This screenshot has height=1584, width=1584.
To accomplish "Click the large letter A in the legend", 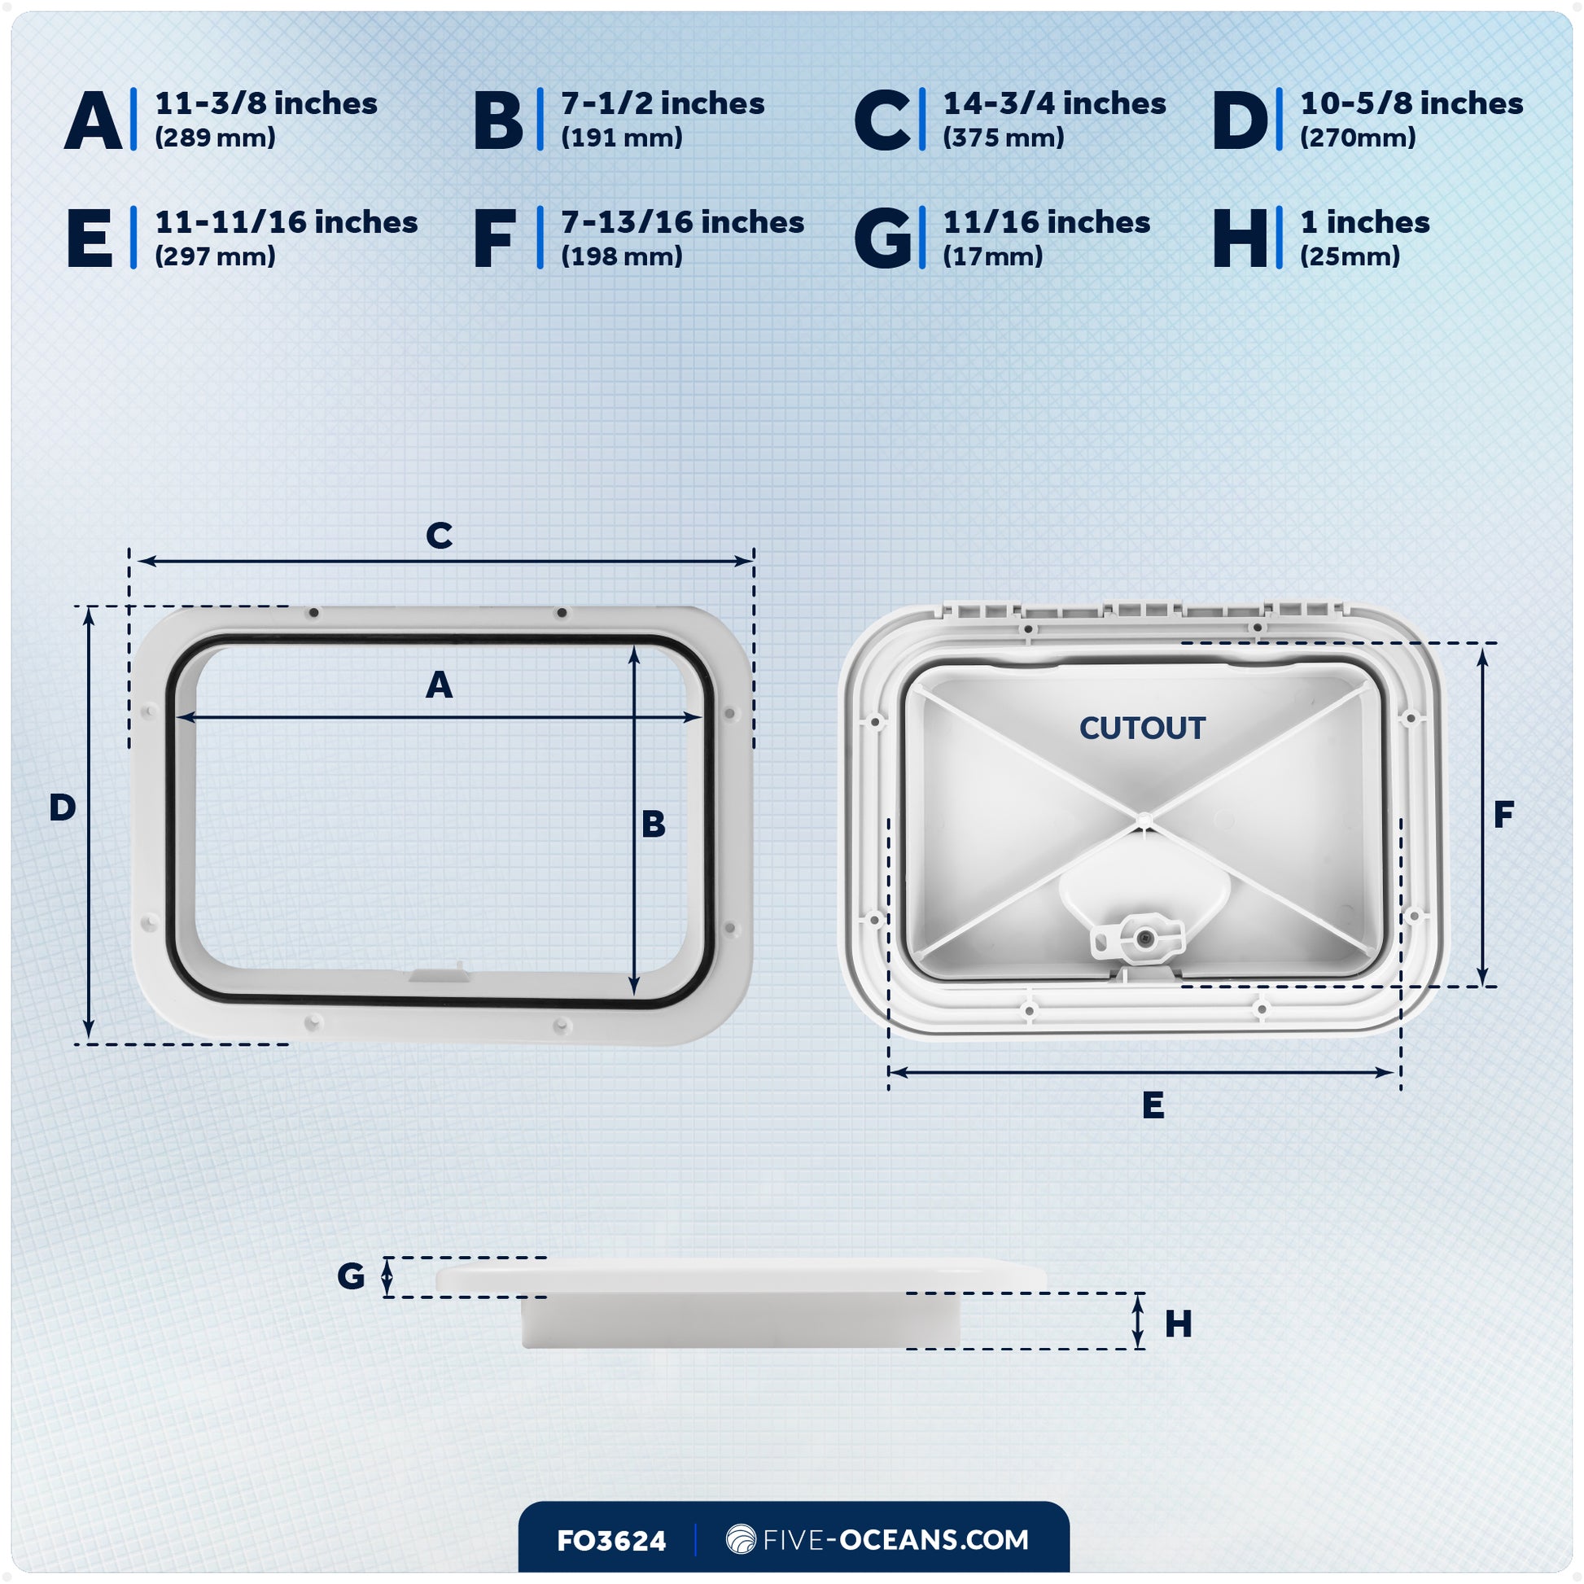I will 93,120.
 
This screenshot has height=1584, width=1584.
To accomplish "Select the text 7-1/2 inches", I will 663,104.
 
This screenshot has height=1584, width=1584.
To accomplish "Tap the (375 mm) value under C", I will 1004,138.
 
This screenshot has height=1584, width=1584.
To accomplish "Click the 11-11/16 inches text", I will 287,223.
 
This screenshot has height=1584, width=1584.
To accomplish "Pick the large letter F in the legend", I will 494,239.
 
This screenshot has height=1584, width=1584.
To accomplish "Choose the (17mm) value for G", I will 993,256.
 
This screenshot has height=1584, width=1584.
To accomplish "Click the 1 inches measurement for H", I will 1365,223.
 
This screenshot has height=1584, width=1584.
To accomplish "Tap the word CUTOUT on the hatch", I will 1142,728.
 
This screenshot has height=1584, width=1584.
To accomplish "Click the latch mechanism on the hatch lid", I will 1139,935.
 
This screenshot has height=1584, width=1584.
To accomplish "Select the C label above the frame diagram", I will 440,536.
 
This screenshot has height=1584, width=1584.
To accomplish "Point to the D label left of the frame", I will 63,808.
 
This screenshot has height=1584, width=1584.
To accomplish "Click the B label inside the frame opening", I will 654,825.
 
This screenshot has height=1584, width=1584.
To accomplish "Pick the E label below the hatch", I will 1153,1106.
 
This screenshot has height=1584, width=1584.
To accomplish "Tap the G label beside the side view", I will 351,1276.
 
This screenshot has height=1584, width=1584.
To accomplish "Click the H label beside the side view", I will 1178,1324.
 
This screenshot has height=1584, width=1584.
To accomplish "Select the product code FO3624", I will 610,1542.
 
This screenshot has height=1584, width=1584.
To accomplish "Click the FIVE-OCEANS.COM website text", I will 895,1540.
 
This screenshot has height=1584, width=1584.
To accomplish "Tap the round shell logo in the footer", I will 742,1540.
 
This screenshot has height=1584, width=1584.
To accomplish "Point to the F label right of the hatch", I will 1503,815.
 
